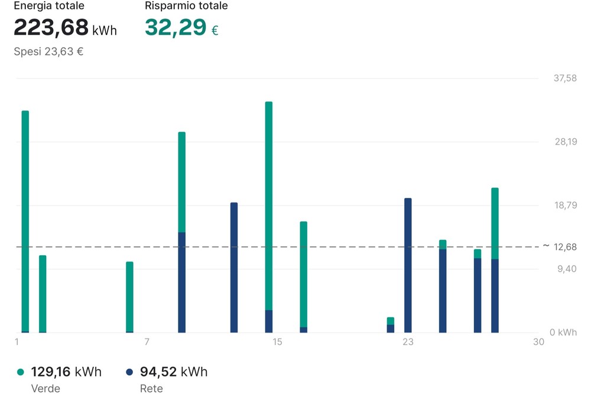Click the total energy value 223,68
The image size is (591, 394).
point(51,27)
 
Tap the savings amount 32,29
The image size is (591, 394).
point(176,27)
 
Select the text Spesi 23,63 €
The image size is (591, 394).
point(48,51)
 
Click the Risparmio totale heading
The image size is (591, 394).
point(186,6)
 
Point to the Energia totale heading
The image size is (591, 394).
point(49,6)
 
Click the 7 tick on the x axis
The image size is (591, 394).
point(147,342)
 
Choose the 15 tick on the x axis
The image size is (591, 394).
point(277,342)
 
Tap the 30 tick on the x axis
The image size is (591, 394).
point(538,342)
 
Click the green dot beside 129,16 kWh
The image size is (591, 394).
point(21,372)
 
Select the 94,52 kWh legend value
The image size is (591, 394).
point(174,372)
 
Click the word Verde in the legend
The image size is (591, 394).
point(46,388)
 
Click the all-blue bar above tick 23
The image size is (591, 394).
point(408,265)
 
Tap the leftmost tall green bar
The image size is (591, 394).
point(25,221)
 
